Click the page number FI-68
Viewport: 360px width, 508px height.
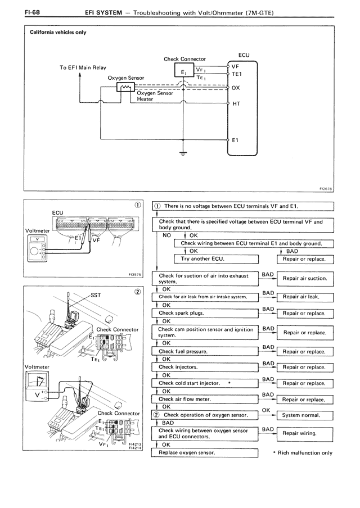[x=32, y=12]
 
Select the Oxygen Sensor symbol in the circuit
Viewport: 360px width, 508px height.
[x=125, y=87]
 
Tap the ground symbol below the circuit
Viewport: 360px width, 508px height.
[x=183, y=153]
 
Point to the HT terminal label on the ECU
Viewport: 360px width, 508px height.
[x=236, y=103]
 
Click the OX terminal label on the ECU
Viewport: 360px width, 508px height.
[x=236, y=88]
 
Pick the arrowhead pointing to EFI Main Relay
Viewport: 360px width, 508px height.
[x=80, y=75]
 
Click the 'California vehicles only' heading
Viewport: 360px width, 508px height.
[x=58, y=32]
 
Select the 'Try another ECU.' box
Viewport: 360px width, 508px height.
[x=217, y=259]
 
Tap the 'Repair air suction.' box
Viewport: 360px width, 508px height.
[x=305, y=278]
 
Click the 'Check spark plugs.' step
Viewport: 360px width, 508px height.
[x=205, y=314]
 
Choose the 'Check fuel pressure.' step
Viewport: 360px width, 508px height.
[x=205, y=352]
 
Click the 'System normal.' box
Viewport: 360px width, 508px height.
[x=305, y=415]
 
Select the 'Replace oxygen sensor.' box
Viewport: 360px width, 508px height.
[x=205, y=452]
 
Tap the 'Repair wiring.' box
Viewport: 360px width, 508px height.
[x=305, y=433]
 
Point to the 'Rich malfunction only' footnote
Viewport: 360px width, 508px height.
[x=303, y=453]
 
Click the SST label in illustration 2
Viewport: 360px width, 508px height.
[x=96, y=295]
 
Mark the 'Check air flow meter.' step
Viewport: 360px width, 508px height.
[x=205, y=400]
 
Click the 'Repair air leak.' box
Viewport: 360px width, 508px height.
[x=305, y=297]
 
